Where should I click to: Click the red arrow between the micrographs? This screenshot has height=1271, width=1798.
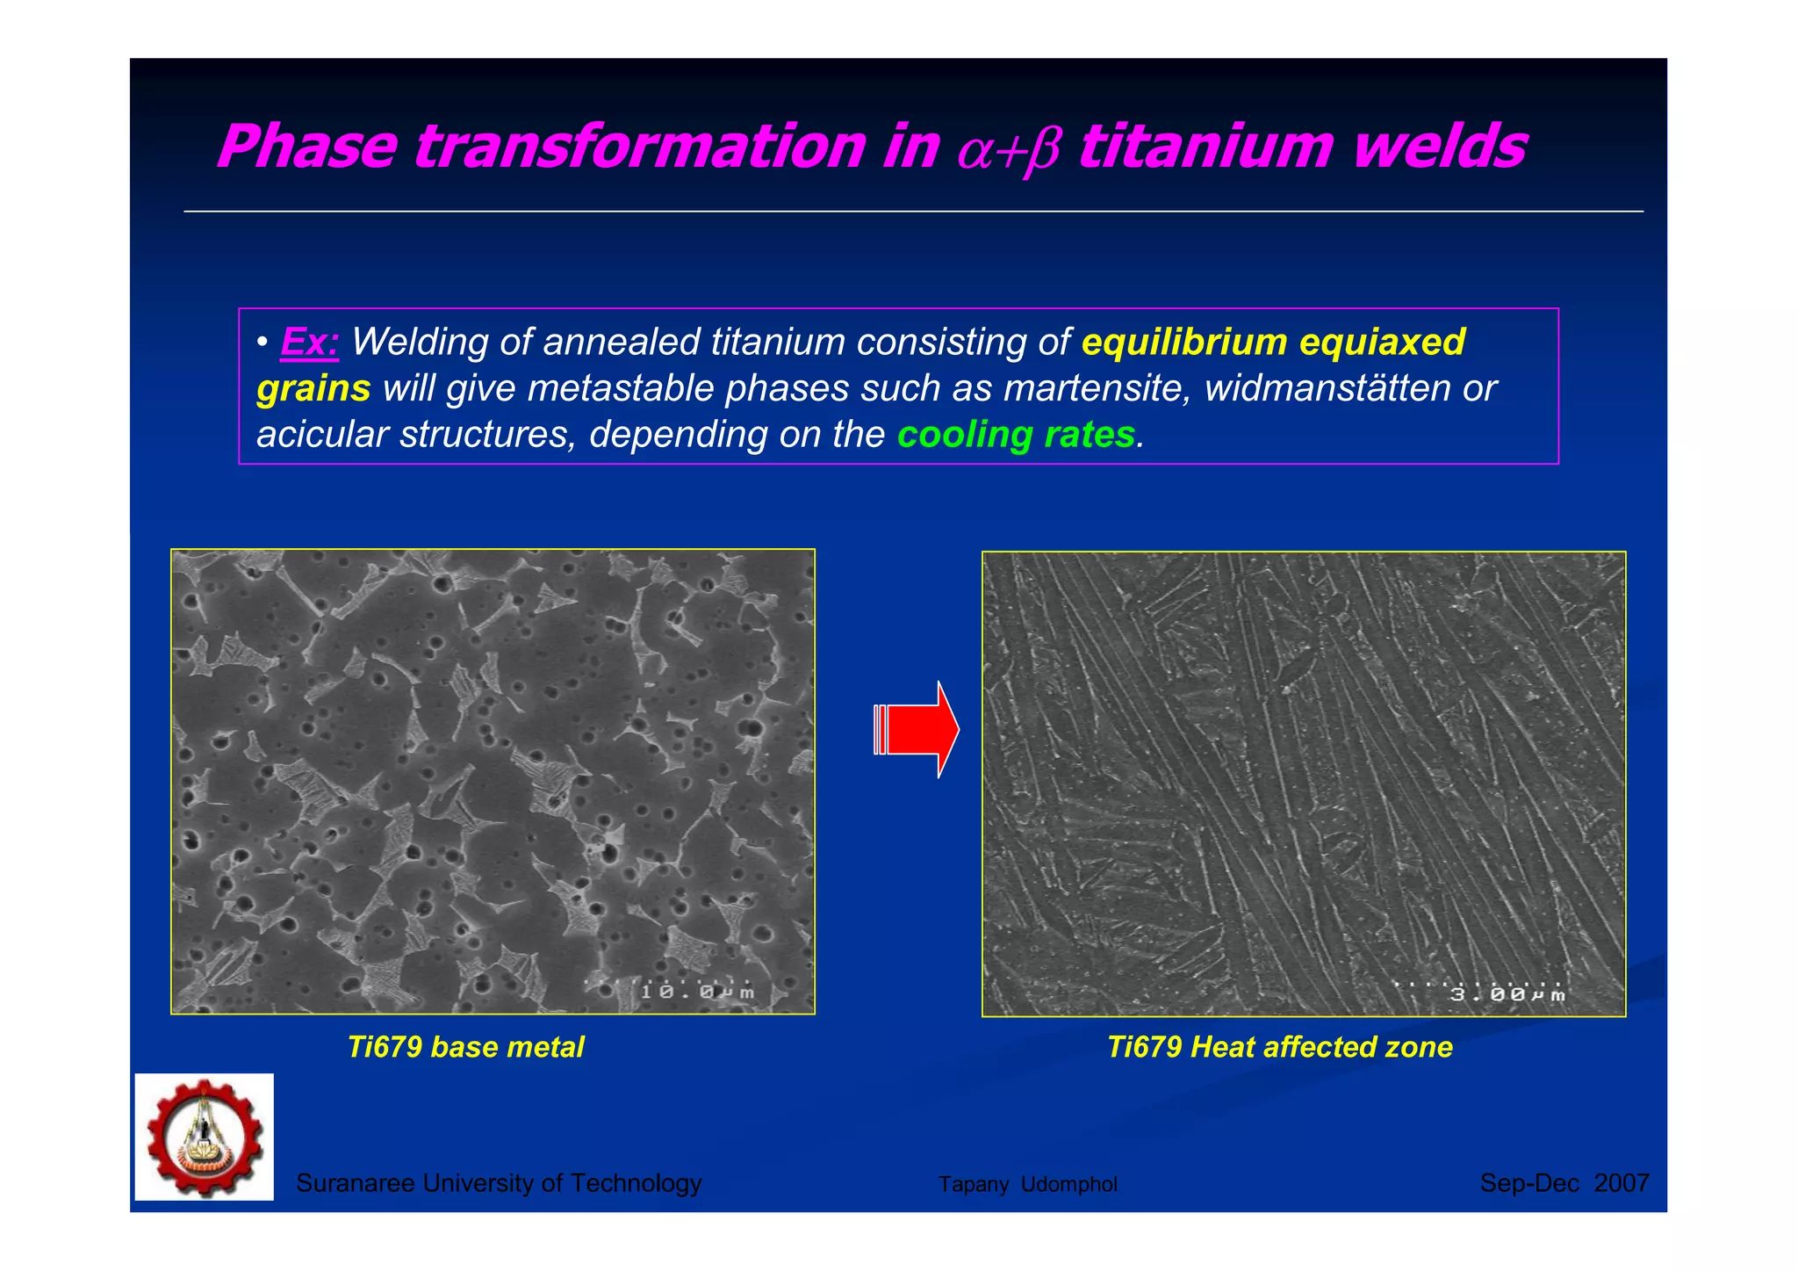(917, 729)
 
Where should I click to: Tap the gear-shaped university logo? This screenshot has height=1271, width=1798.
(205, 1137)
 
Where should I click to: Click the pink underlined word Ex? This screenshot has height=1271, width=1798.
(309, 343)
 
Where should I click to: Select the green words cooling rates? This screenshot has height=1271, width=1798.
(1016, 435)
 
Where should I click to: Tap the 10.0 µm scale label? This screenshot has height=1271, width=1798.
(697, 992)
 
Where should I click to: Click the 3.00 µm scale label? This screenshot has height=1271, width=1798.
(1507, 994)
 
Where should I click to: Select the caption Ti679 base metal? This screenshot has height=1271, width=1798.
(465, 1047)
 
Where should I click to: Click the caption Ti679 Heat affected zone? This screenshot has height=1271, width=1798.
(1279, 1047)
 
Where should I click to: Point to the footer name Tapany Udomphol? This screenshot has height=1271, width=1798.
(1027, 1184)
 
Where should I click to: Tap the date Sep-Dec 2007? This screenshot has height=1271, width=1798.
(1564, 1183)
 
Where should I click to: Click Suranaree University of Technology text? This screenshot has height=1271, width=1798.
(499, 1183)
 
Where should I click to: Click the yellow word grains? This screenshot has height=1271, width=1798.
(313, 389)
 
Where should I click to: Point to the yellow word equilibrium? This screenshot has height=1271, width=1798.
(1183, 343)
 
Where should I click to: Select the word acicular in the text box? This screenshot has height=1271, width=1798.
(322, 435)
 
